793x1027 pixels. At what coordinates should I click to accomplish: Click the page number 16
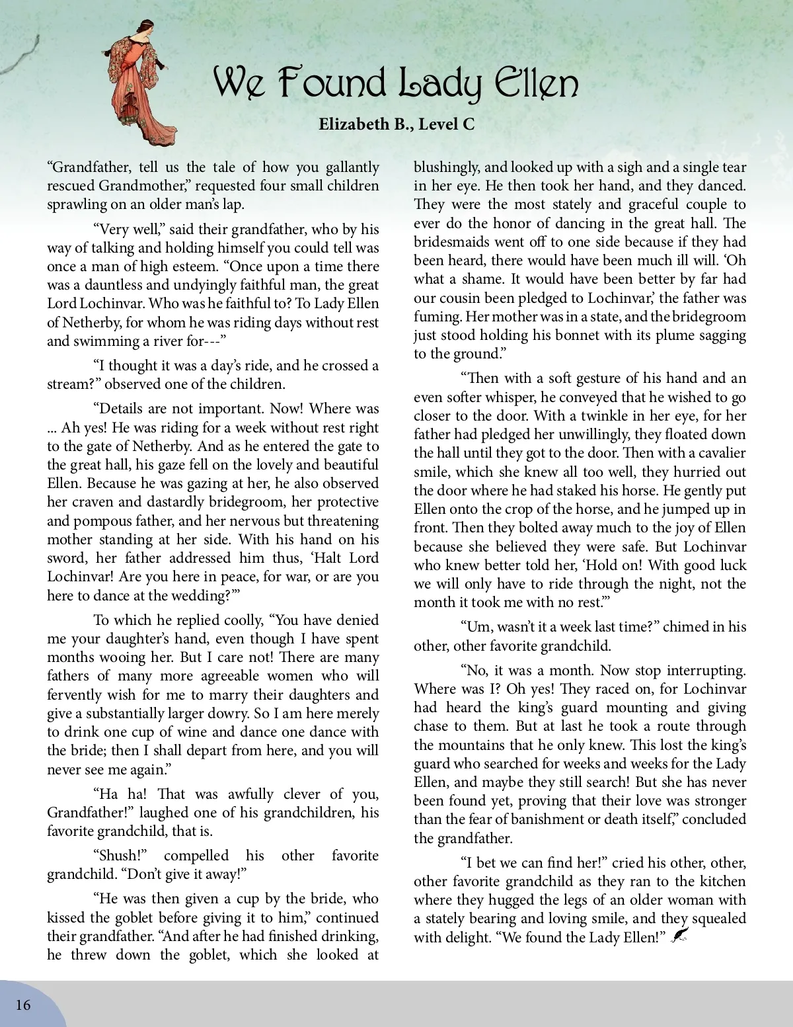(23, 1005)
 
